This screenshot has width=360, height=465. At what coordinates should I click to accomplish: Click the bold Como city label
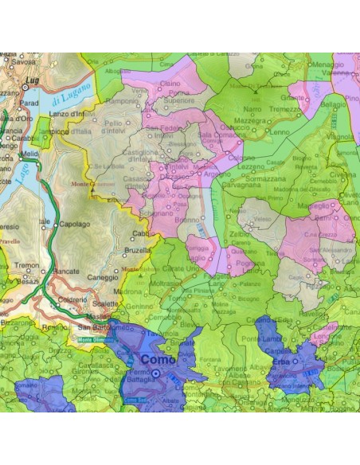coord(159,360)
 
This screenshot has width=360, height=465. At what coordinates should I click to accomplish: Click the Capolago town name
coord(78,225)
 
